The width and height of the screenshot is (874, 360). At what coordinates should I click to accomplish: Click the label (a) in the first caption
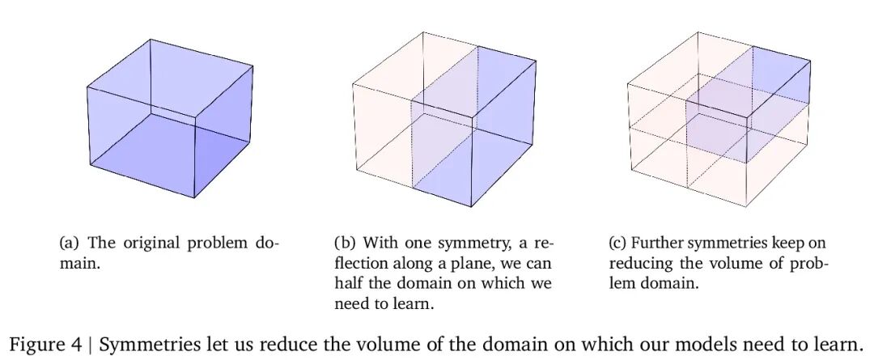(70, 243)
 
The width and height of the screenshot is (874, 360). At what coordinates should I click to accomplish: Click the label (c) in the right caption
(618, 243)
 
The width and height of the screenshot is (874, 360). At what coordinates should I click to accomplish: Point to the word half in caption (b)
(350, 284)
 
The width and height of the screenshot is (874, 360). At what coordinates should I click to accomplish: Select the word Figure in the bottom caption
(35, 340)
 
